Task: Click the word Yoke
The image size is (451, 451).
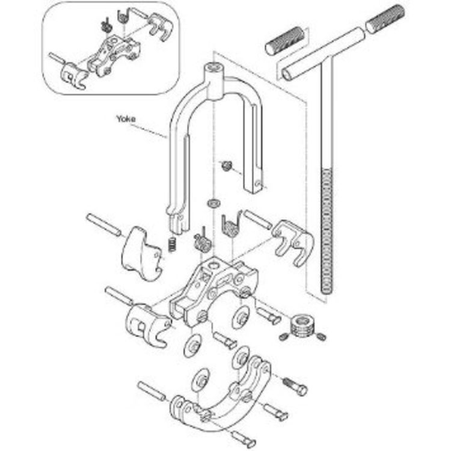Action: (x=126, y=118)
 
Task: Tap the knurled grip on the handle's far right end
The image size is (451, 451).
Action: (x=385, y=19)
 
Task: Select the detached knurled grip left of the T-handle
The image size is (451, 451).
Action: (x=286, y=40)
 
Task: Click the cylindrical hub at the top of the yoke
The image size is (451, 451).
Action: (x=214, y=77)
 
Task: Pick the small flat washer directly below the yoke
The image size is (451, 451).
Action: (x=213, y=203)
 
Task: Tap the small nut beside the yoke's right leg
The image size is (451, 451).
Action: (x=227, y=165)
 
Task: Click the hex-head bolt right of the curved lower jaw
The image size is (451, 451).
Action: (x=295, y=385)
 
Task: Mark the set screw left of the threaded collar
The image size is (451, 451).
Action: (x=284, y=336)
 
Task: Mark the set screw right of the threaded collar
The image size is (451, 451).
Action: (x=321, y=336)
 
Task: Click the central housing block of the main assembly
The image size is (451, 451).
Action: (x=213, y=290)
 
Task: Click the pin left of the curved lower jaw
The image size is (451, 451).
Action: (x=152, y=391)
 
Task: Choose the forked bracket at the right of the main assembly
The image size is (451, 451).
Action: (x=293, y=242)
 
